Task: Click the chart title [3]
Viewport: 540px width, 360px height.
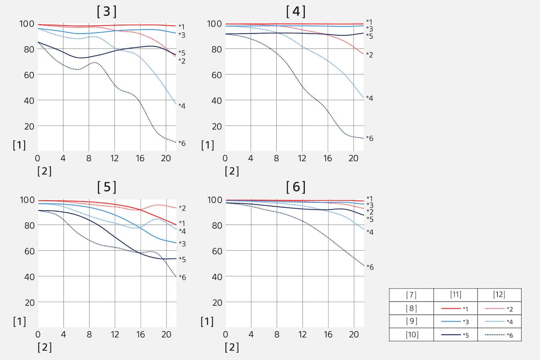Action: (107, 11)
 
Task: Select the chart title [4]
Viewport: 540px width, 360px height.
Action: (296, 11)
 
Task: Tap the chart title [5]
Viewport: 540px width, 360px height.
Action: (107, 187)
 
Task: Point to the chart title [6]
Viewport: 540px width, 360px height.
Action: (296, 187)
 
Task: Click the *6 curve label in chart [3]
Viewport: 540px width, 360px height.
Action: (182, 143)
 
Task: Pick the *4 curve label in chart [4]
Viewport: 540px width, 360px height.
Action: (369, 98)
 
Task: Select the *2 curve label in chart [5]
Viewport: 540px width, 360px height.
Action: (182, 208)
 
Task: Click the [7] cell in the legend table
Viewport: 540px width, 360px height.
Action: (411, 295)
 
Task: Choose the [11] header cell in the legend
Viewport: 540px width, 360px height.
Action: (455, 295)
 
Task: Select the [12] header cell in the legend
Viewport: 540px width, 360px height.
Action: (499, 295)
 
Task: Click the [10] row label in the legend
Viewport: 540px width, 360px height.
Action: (411, 334)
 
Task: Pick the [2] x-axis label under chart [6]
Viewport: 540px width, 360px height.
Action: (232, 347)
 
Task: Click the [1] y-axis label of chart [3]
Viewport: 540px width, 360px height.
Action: (19, 145)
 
